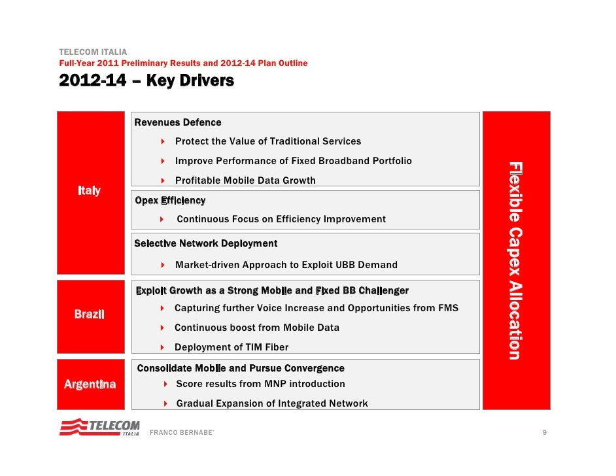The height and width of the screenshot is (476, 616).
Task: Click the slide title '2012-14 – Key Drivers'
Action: tap(146, 82)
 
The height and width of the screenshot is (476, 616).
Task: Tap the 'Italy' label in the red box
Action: tap(89, 190)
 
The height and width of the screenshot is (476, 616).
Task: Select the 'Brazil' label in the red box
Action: tap(89, 314)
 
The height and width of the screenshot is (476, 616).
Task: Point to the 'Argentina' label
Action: tap(90, 384)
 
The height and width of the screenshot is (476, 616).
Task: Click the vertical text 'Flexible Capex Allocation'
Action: tap(515, 260)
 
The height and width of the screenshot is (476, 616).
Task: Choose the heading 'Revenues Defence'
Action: tap(178, 122)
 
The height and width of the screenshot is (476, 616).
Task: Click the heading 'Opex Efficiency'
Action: tap(170, 200)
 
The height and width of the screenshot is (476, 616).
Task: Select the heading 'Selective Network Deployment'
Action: tap(206, 243)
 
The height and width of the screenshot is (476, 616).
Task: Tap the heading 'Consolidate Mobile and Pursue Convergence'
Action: tap(241, 368)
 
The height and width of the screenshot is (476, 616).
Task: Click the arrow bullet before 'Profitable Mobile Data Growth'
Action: tap(163, 180)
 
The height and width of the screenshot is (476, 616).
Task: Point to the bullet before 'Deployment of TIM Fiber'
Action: tap(163, 347)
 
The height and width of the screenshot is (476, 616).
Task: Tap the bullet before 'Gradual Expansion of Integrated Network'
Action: tap(167, 403)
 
